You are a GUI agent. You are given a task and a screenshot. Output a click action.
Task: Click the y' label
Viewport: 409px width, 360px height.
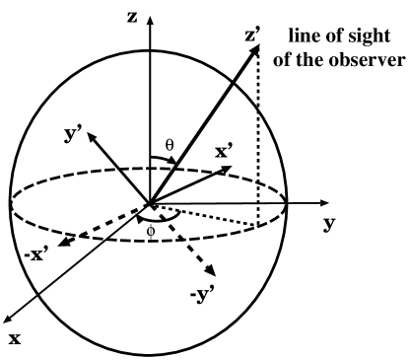[72, 131]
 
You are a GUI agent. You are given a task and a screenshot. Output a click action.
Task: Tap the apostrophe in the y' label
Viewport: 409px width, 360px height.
[78, 125]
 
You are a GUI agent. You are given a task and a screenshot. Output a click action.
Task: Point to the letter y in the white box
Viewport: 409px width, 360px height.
[70, 134]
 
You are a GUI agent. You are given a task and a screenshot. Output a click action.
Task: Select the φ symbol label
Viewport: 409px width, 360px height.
[151, 232]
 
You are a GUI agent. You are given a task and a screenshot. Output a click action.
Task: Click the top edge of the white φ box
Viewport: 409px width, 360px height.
[151, 221]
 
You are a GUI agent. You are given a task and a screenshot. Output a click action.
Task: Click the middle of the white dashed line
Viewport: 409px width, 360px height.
[205, 215]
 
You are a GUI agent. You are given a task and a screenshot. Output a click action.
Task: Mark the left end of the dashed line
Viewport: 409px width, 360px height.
[153, 206]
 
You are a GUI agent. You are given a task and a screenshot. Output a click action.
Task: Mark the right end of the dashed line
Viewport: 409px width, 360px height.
[258, 225]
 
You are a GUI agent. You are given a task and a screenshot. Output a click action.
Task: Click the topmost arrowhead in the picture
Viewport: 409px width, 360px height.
[150, 20]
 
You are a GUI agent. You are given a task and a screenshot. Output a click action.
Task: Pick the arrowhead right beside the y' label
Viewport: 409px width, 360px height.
[92, 137]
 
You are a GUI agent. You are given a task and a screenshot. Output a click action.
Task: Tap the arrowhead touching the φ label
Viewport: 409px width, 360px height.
[140, 219]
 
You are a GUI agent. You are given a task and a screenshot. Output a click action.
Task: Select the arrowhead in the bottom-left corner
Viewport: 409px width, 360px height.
[8, 320]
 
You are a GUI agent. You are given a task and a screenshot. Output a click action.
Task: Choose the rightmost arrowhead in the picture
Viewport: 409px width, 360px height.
[324, 203]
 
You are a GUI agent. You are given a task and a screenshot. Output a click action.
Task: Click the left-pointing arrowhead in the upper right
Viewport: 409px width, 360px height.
[254, 49]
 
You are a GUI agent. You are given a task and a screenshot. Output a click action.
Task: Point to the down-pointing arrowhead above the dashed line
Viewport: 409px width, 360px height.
[227, 170]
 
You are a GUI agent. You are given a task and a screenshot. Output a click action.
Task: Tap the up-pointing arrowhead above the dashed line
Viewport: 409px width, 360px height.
[171, 160]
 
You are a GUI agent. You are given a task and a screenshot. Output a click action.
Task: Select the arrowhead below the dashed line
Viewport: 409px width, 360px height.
[210, 269]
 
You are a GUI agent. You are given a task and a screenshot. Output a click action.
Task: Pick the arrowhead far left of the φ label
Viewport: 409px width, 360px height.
[64, 242]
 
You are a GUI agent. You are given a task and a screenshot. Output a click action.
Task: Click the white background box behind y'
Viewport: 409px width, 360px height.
[72, 131]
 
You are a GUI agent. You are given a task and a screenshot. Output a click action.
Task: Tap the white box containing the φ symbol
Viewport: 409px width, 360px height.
[151, 232]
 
